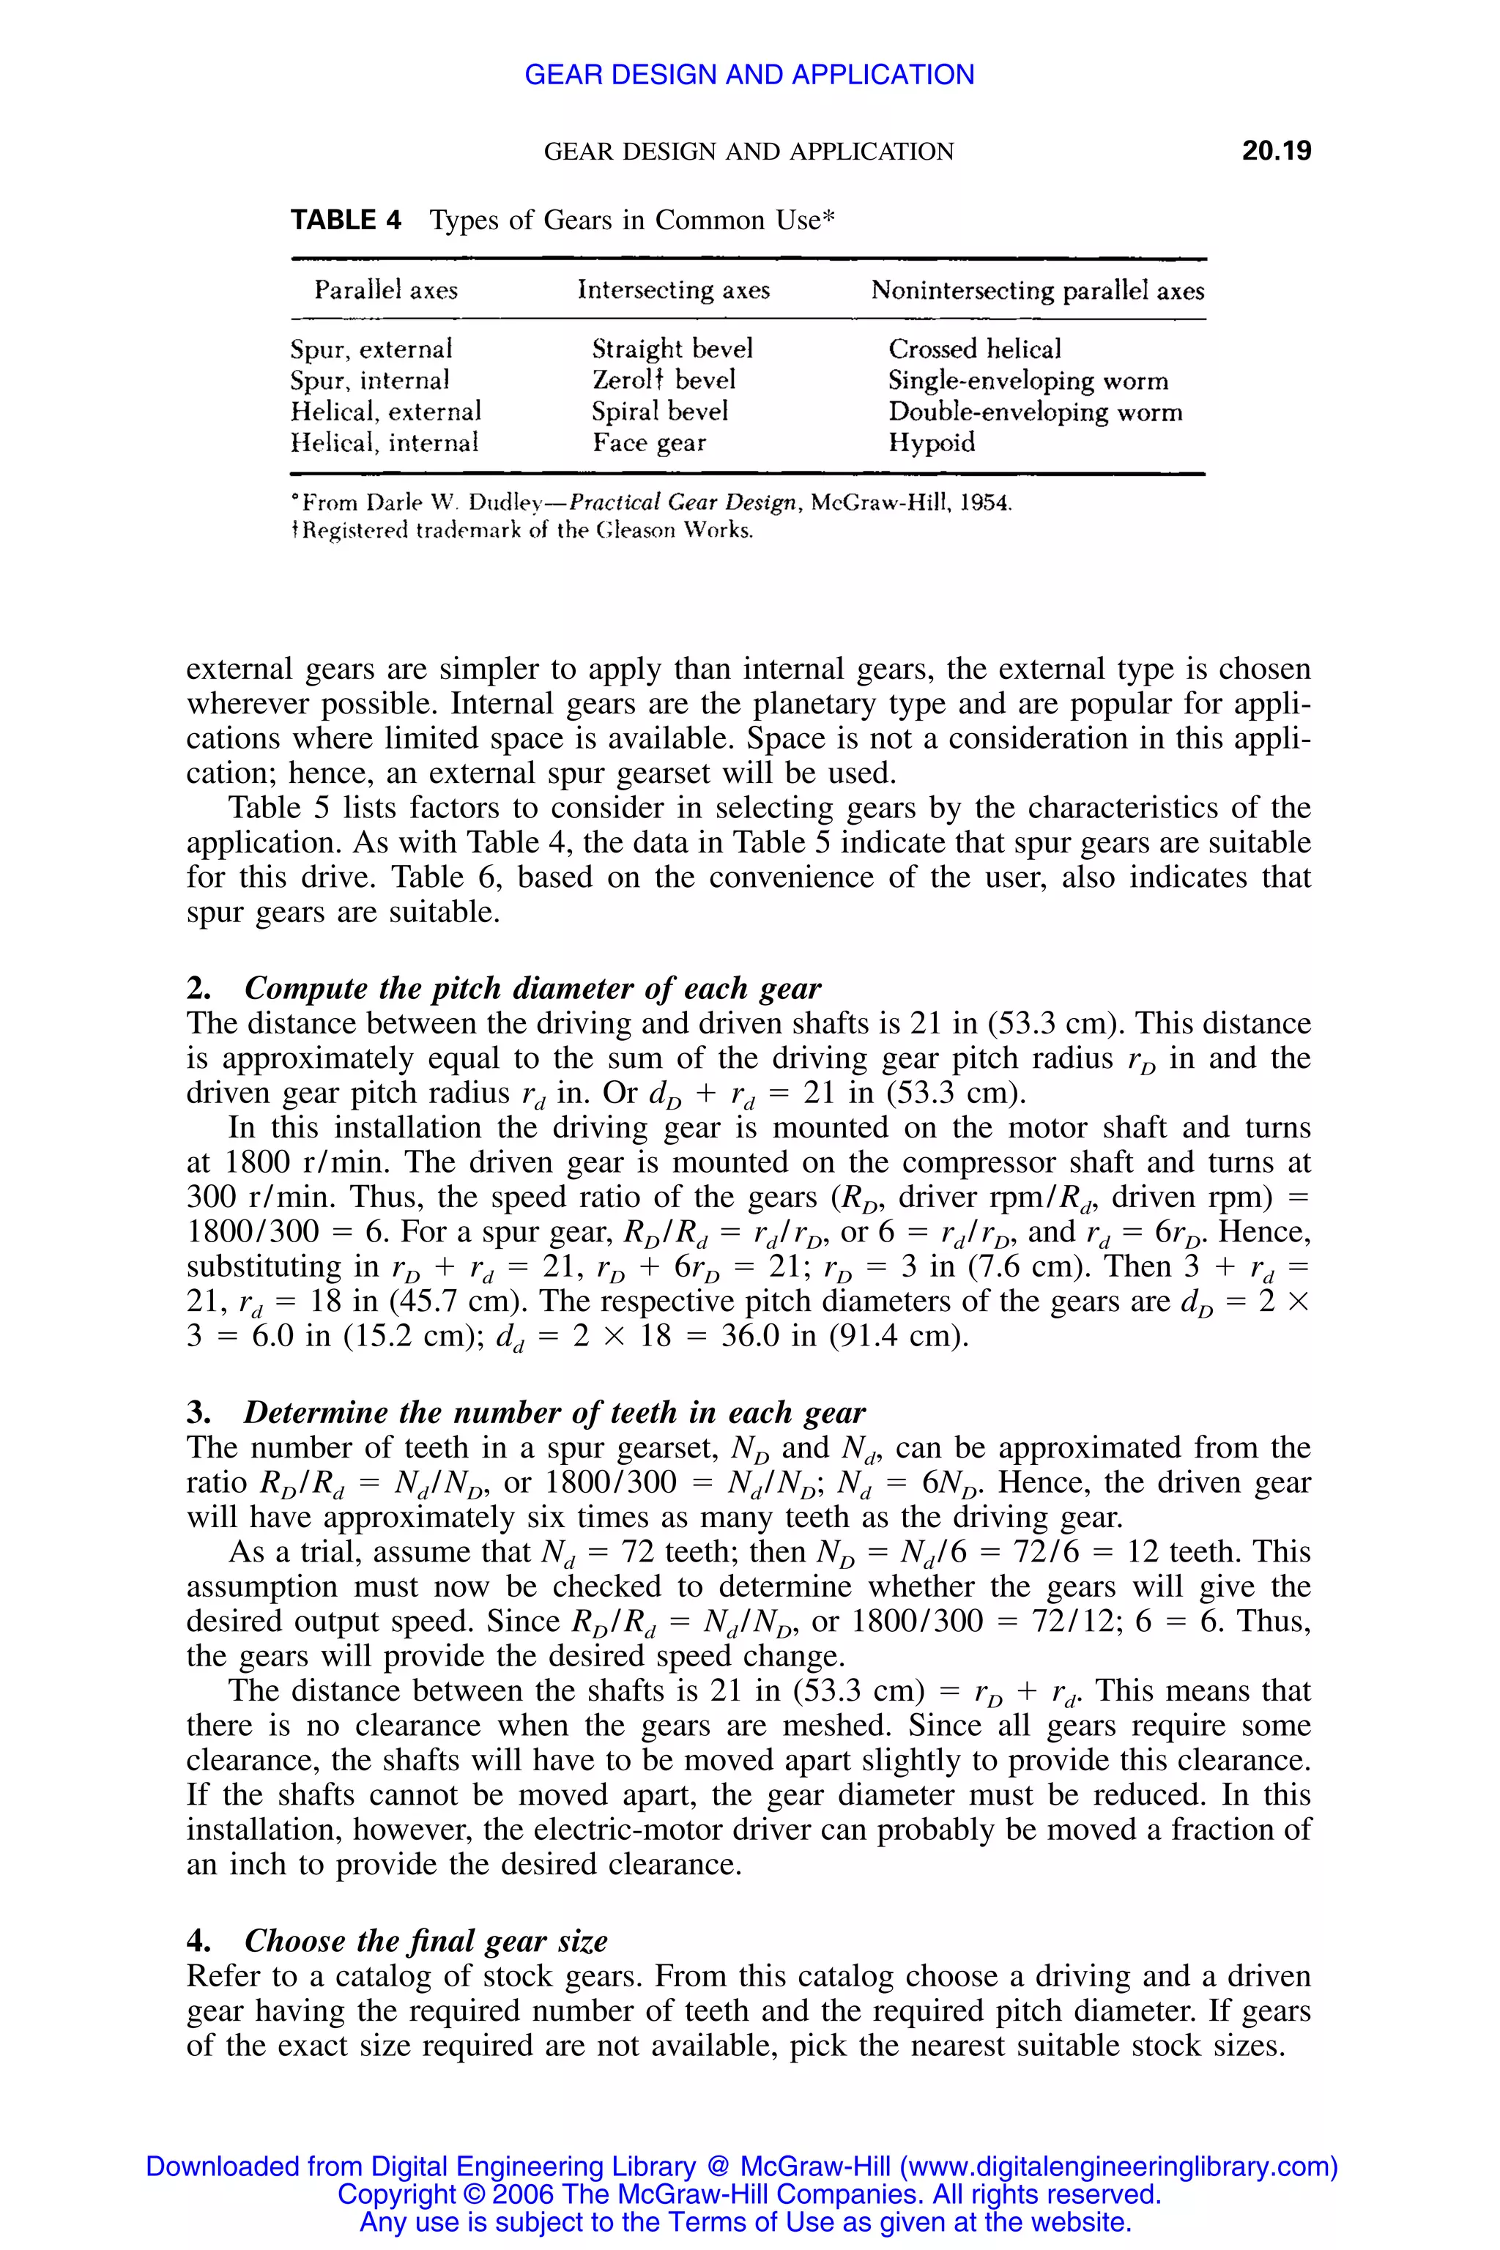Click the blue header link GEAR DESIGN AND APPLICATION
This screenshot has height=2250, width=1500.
point(749,75)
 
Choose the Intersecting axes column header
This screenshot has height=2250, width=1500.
point(674,290)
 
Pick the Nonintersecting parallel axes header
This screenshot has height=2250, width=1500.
point(1037,291)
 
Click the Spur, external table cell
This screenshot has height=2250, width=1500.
point(371,349)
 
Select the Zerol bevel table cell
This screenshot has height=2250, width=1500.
point(663,381)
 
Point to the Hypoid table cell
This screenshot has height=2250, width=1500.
point(931,443)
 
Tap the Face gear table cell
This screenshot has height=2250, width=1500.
point(649,443)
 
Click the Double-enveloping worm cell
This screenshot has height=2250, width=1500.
point(1035,412)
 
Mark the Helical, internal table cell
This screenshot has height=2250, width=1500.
point(384,443)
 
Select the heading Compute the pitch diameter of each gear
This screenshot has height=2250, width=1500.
point(533,988)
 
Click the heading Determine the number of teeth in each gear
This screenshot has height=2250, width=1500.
point(554,1413)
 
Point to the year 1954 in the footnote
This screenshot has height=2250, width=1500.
point(984,503)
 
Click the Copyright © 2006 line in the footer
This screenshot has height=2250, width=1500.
point(749,2194)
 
